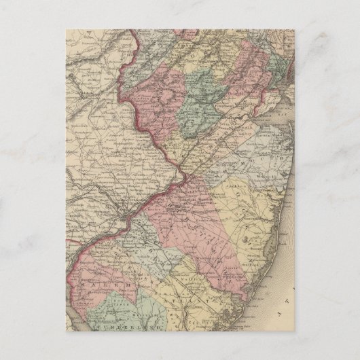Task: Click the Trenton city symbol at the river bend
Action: (x=179, y=175)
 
